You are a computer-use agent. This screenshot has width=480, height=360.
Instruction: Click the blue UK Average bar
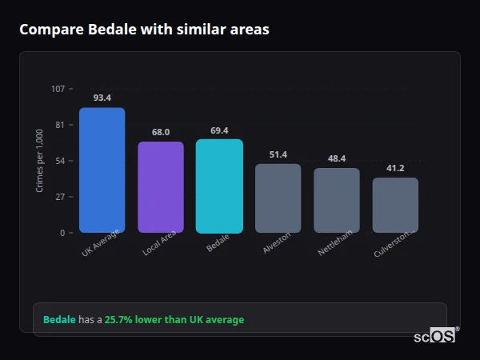click(102, 170)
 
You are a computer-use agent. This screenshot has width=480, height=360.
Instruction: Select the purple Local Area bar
click(161, 187)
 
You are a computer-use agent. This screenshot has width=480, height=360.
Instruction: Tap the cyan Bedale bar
click(219, 186)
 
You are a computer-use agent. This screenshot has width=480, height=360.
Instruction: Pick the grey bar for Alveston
click(278, 198)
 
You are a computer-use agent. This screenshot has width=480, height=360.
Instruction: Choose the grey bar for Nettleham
click(337, 200)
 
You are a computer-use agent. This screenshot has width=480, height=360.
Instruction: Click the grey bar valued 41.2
click(395, 205)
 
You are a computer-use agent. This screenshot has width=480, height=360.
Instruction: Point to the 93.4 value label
click(102, 98)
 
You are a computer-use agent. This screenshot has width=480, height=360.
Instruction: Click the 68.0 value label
click(161, 132)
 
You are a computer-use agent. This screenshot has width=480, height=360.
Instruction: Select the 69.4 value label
click(219, 130)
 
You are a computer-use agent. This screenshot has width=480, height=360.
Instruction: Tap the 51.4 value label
click(278, 154)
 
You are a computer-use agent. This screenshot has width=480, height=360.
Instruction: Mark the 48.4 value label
click(337, 158)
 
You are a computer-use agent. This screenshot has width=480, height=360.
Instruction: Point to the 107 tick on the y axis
click(58, 89)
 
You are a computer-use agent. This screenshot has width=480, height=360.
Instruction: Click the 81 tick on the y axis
click(60, 125)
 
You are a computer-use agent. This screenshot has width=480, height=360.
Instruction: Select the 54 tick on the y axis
click(60, 161)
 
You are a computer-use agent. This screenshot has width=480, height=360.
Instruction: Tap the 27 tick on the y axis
click(60, 197)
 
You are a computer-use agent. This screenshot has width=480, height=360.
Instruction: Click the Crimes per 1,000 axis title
click(39, 161)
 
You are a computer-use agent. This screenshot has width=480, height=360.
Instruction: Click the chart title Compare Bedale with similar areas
click(144, 30)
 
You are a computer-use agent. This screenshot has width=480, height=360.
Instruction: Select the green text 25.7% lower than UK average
click(174, 319)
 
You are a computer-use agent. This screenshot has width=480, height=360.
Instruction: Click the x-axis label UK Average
click(100, 242)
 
